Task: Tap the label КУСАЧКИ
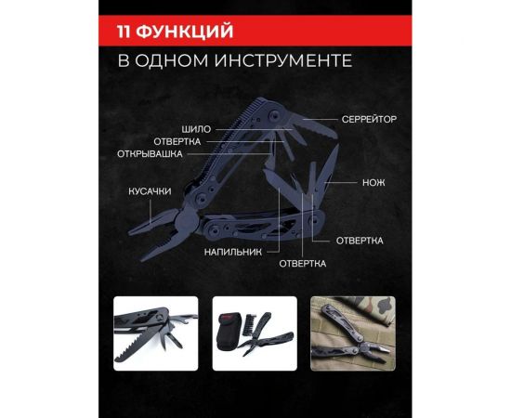click(x=149, y=191)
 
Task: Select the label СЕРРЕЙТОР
click(x=368, y=121)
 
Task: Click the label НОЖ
click(x=373, y=182)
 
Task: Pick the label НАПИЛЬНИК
click(x=229, y=251)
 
